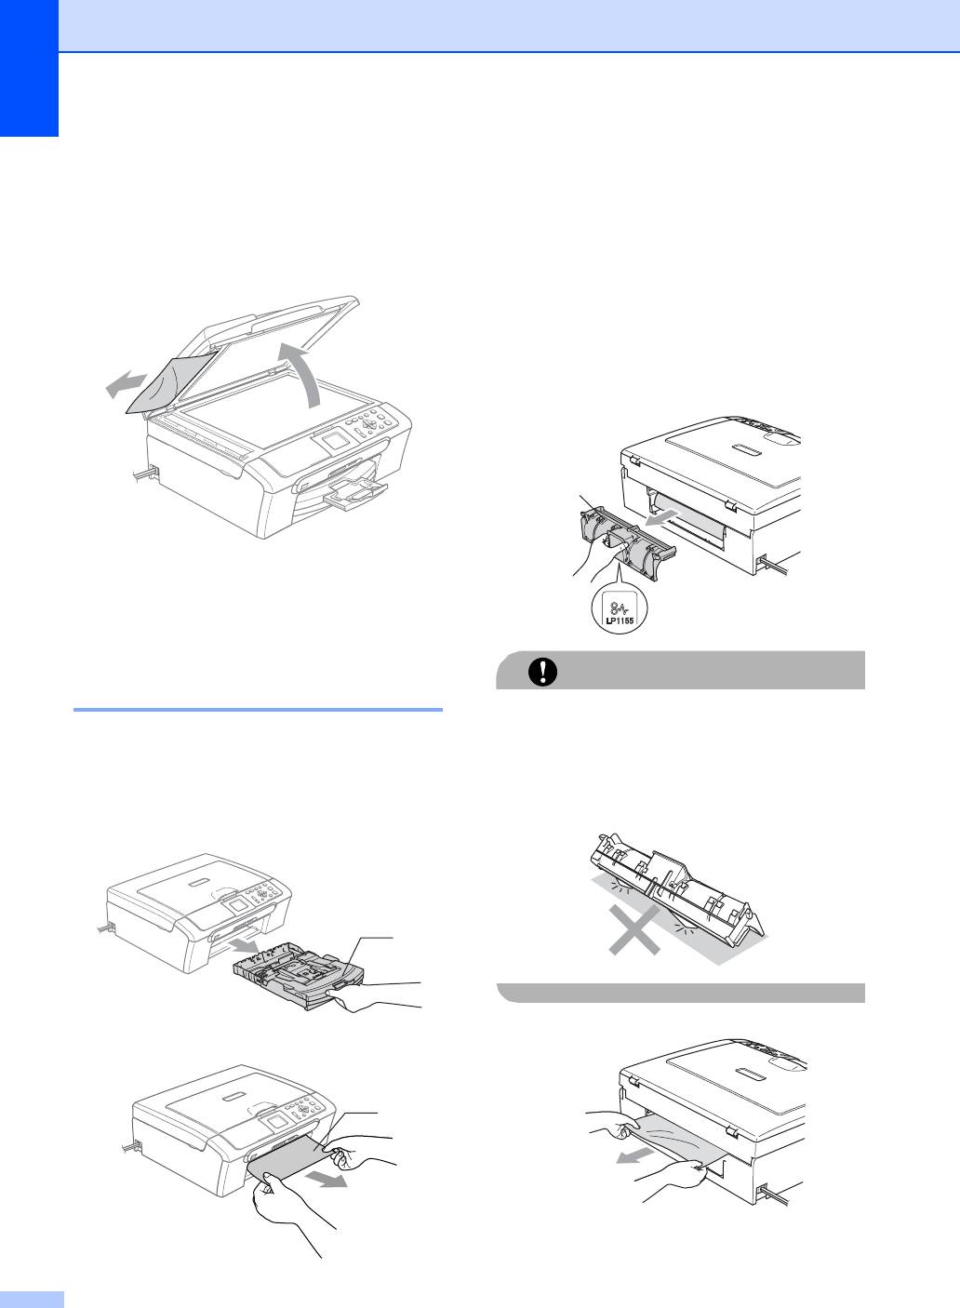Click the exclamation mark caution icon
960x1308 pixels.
tap(542, 672)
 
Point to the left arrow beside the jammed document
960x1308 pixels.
tap(125, 384)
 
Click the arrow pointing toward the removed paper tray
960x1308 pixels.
tap(243, 945)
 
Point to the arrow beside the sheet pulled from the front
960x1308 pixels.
tap(327, 1179)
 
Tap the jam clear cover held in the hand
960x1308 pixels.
tap(627, 541)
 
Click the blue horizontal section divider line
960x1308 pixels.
tap(258, 710)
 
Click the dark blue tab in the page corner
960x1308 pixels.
tap(29, 68)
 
